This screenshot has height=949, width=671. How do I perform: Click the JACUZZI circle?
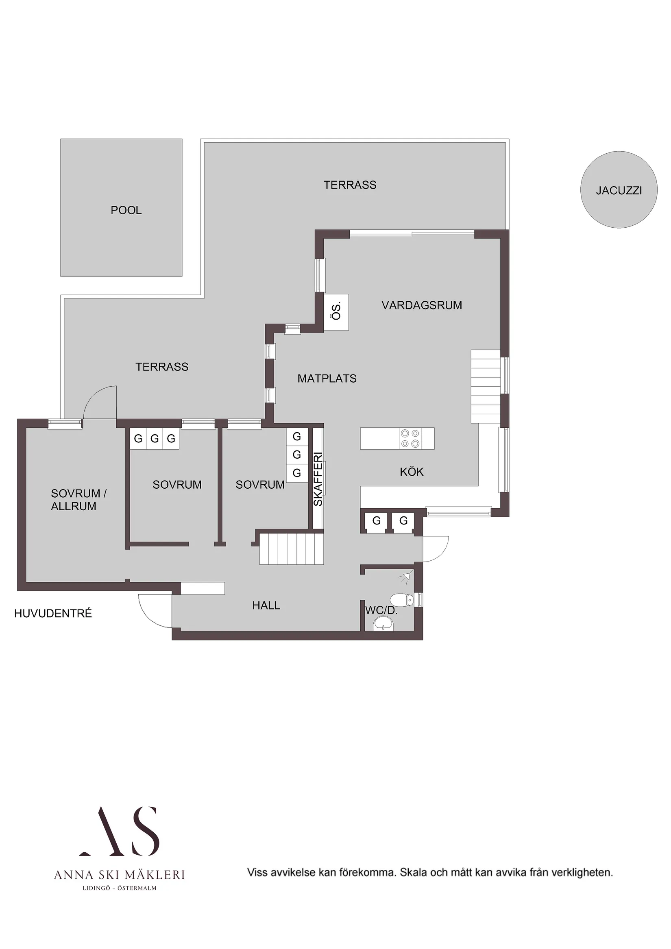[619, 190]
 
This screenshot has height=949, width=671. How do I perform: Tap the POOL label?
[126, 210]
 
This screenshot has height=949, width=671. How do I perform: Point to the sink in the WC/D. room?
[383, 625]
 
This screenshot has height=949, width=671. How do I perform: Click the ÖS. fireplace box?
[336, 312]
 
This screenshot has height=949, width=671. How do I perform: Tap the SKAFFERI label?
[318, 479]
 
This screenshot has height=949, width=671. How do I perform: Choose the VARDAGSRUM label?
[422, 305]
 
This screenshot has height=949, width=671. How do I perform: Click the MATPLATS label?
[327, 379]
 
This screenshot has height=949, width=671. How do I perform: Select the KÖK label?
[412, 472]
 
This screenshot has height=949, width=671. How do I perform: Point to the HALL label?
[266, 605]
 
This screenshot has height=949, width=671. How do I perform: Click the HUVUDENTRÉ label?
[53, 614]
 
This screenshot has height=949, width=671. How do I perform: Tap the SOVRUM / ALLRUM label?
[78, 500]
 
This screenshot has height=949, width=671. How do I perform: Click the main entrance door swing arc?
[151, 612]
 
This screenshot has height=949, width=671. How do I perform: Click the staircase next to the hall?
[291, 549]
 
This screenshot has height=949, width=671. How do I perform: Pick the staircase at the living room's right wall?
[486, 386]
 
